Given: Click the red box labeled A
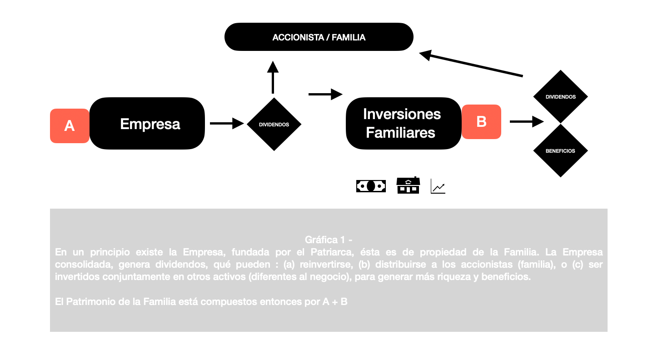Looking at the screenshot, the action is (70, 126).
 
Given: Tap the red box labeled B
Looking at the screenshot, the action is (481, 122).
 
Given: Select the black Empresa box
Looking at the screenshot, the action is (147, 124).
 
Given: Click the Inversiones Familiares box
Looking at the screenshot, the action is (404, 124).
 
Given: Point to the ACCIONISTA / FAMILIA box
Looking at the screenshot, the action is (319, 37).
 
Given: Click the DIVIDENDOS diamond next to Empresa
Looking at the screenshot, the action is (274, 124).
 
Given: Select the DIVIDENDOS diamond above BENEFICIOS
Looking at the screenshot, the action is (560, 97).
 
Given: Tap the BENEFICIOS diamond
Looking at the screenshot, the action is (560, 151).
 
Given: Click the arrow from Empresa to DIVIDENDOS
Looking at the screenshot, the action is (227, 124).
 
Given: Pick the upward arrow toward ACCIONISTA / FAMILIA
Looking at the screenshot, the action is (273, 77).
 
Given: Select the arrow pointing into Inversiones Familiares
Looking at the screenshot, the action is (325, 95).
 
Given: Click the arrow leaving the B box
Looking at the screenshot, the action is (527, 121).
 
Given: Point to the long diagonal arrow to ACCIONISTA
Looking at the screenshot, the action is (471, 64).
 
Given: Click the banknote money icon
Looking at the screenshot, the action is (371, 186).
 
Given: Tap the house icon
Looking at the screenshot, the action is (408, 185).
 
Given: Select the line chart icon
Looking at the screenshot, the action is (438, 186).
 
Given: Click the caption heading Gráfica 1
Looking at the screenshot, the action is (329, 240).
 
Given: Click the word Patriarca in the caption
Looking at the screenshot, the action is (332, 252).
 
